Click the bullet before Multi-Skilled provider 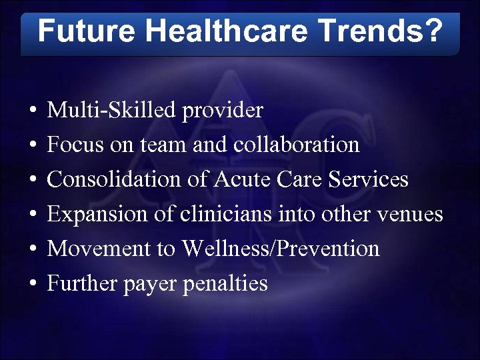(x=33, y=111)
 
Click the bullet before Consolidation (x=33, y=180)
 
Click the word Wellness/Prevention (x=281, y=249)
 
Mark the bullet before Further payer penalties (x=33, y=284)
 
